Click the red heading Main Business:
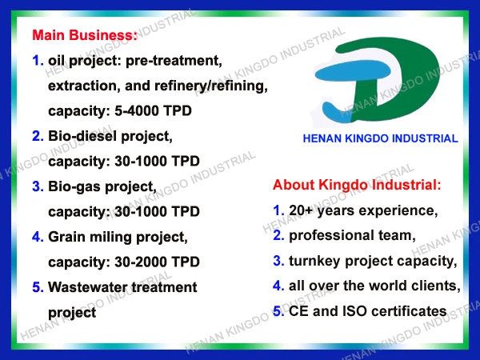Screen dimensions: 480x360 85,35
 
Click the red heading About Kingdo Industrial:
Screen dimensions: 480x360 357,185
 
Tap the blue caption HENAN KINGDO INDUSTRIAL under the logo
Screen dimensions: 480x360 381,138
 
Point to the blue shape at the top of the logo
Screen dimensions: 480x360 352,71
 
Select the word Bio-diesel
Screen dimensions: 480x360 82,136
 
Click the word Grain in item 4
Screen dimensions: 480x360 66,237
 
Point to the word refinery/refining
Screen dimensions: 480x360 211,86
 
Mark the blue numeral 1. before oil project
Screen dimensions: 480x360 38,61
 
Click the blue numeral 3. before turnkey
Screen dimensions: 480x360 278,261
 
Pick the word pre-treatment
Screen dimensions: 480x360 174,61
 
